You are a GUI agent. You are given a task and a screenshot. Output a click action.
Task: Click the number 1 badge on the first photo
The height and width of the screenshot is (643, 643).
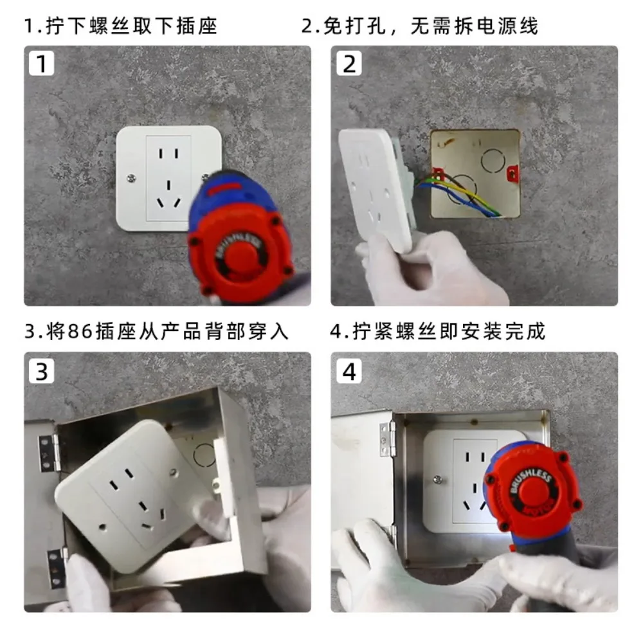click(41, 63)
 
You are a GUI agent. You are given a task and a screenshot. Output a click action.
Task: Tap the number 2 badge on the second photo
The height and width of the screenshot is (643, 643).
click(349, 63)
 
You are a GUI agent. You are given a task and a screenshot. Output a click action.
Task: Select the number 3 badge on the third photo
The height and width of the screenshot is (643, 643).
click(41, 371)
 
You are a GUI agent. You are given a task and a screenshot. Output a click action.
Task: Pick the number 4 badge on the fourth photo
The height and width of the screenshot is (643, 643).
click(349, 371)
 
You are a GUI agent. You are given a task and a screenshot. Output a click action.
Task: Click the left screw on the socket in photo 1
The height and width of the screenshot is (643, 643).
click(131, 178)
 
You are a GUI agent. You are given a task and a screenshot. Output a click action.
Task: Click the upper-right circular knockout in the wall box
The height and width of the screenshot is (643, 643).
click(493, 160)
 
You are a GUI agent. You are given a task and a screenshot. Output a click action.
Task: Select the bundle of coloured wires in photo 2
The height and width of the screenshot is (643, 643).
click(459, 193)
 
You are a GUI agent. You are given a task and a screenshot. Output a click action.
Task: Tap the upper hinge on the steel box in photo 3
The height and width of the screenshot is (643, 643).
click(48, 453)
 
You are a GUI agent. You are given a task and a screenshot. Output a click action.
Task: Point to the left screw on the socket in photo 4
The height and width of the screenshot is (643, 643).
click(437, 479)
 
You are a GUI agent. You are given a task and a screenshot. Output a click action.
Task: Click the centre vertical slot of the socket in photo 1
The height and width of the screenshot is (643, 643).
click(168, 186)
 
